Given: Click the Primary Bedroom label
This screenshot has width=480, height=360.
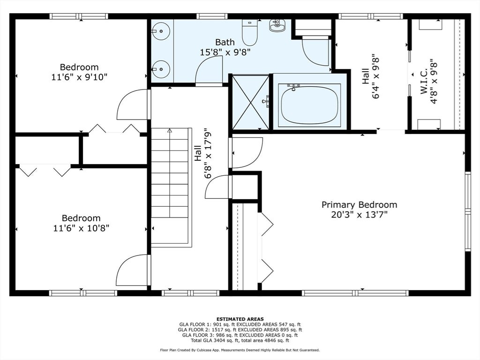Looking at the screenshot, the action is [359, 204].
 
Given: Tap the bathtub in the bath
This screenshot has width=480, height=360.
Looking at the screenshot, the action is [309, 105].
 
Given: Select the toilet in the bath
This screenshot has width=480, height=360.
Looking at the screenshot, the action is [250, 32].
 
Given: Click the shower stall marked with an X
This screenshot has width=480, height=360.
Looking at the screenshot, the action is [251, 102].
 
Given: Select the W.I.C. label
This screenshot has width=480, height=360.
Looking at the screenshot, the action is [424, 82].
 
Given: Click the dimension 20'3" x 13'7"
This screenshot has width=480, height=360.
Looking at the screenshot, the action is [359, 215].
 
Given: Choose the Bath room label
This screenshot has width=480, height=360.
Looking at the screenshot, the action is [225, 42].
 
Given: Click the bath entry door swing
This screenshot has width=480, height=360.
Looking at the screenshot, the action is [209, 71].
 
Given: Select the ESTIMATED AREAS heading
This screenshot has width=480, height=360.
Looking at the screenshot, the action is [240, 319].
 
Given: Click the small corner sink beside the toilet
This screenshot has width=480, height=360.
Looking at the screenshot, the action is [277, 25].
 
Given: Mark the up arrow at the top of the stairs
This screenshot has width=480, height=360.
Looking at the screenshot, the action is [170, 131].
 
